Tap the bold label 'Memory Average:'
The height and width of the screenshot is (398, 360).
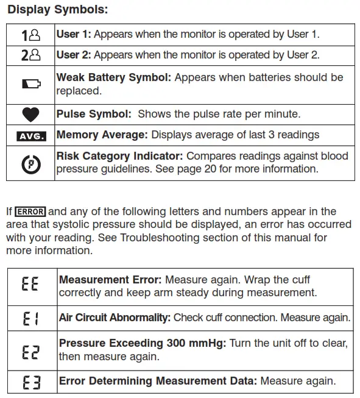102,135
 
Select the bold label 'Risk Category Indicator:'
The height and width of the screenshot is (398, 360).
120,157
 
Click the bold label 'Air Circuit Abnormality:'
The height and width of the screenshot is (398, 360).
115,318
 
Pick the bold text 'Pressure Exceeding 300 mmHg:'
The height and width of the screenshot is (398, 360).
143,344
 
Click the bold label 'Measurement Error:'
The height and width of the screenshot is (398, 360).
110,280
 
